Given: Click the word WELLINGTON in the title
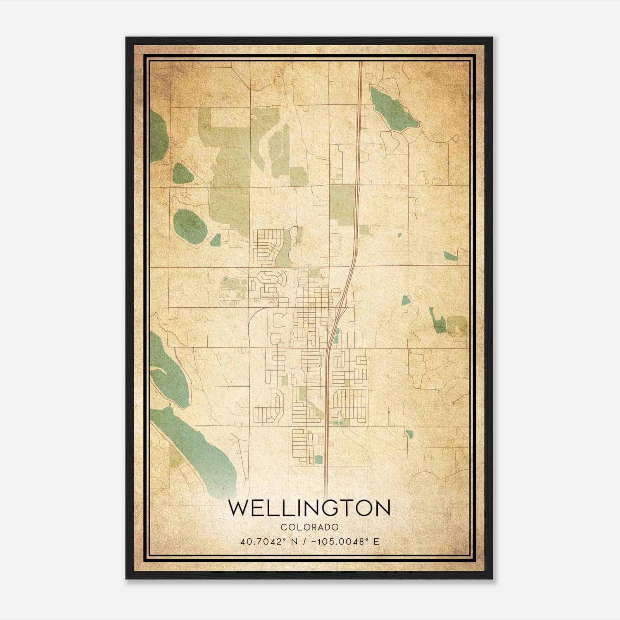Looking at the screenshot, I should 309,508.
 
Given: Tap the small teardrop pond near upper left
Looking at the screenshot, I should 182,173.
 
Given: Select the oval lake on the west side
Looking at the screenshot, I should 190,225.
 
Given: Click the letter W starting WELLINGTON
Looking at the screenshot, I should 237,508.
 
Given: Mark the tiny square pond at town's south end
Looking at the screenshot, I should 319,459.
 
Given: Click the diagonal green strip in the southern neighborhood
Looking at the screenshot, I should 312,405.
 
